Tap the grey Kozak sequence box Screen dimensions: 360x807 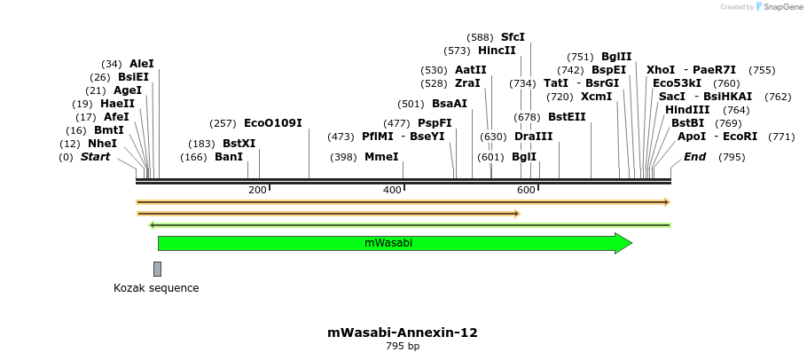click(157, 269)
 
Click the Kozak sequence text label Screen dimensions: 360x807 click(156, 288)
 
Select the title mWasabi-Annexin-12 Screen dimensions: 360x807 click(403, 333)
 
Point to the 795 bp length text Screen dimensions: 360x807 click(403, 347)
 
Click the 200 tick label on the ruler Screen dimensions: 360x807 click(257, 191)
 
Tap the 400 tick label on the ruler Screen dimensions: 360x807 click(392, 191)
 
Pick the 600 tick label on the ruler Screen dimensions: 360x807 click(526, 191)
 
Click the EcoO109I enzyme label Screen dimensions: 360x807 click(273, 123)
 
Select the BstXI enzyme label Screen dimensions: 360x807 click(239, 144)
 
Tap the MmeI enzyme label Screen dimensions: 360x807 click(381, 157)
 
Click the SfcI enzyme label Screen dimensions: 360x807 click(513, 37)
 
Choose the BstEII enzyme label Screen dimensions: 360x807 click(567, 116)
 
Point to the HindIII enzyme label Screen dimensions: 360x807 click(687, 110)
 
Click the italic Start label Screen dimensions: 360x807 click(96, 157)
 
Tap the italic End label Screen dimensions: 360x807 click(694, 157)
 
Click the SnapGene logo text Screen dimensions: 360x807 click(783, 7)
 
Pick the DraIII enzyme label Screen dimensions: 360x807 click(533, 137)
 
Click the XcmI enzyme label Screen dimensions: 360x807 click(596, 97)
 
